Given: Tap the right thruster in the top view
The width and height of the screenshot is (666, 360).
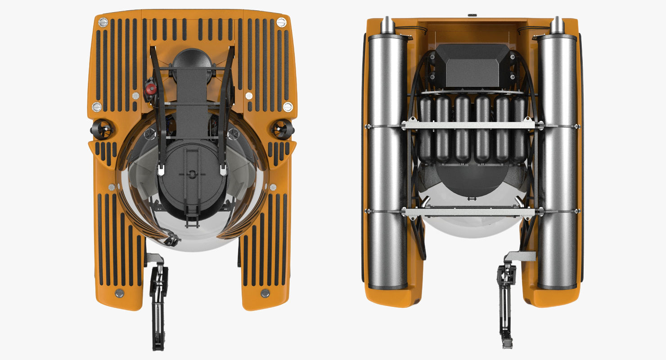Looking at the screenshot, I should tap(283, 129).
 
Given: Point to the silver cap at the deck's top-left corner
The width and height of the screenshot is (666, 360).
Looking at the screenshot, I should tap(103, 22).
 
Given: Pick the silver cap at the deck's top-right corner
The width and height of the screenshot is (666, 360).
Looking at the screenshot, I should tap(281, 22).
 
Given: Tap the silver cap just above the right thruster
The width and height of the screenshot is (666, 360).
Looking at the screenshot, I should tap(288, 107).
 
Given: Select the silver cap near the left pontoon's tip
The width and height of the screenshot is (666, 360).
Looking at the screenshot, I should tap(120, 293).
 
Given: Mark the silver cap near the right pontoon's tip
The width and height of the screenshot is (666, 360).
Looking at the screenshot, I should tap(265, 293).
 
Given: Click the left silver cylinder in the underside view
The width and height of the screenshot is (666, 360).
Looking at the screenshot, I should tap(387, 162).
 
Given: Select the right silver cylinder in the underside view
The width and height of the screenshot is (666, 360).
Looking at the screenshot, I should tap(557, 162).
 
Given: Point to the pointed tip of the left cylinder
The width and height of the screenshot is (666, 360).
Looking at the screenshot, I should tap(387, 25).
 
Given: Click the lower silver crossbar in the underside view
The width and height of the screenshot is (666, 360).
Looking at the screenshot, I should tap(471, 211).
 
